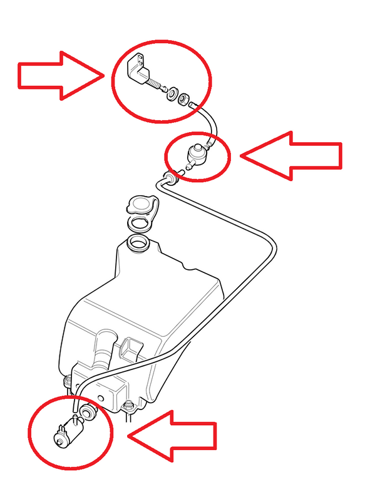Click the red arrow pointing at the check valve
[x=291, y=155]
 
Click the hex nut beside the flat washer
[x=182, y=100]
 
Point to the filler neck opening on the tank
[x=138, y=242]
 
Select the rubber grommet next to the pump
[x=87, y=411]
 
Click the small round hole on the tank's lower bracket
[x=100, y=398]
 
